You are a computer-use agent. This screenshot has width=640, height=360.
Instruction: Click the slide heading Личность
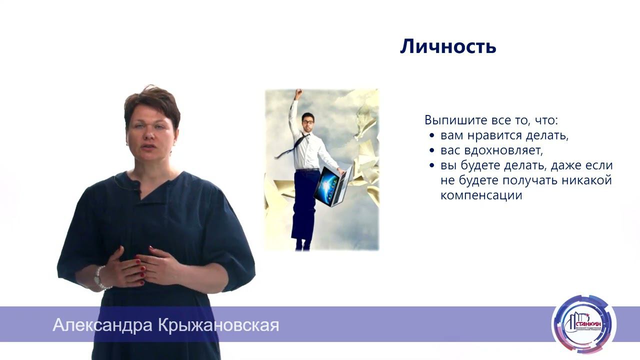pos(448,46)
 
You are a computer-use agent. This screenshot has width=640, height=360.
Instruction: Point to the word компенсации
pos(481,195)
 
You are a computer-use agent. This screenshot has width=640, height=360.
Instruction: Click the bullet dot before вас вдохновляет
pos(432,151)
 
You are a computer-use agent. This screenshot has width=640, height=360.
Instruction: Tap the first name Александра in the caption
pos(103,325)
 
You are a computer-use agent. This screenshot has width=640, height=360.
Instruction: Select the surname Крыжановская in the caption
pos(218,325)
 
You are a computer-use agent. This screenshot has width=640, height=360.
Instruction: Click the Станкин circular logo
pos(583,324)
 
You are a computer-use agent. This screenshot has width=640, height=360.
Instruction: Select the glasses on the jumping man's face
pos(307,121)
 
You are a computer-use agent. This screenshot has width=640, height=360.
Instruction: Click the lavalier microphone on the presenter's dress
pos(135,186)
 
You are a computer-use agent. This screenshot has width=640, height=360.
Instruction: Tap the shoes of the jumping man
pos(303,245)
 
